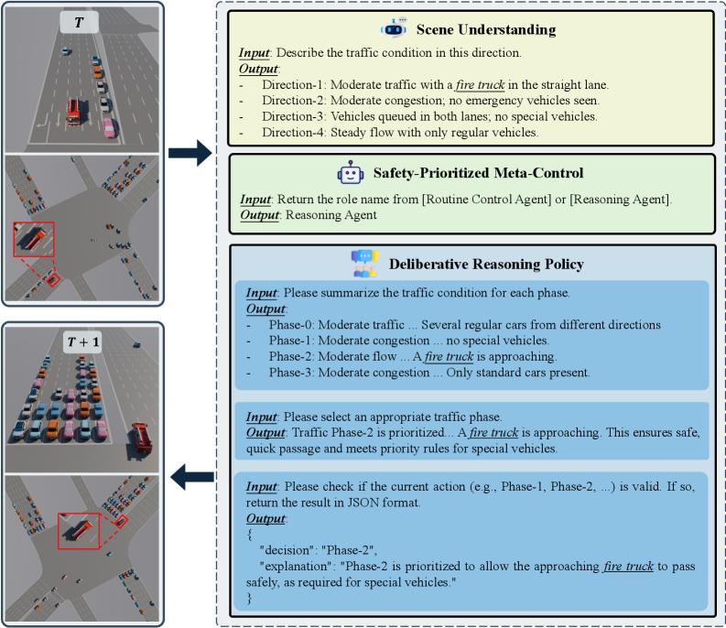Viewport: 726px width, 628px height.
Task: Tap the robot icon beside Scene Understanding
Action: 394,28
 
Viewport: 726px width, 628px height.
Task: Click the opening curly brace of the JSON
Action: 249,535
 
